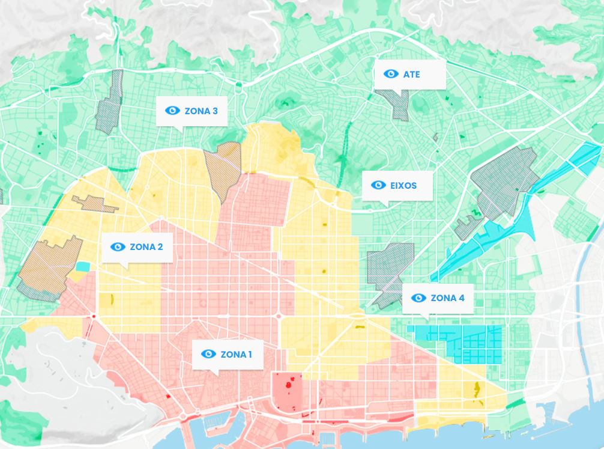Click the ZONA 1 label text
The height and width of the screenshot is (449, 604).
point(236,355)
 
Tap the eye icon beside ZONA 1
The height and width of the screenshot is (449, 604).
point(208,354)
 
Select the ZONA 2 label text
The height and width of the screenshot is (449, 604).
point(146,247)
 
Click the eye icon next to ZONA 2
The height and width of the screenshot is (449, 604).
point(118,247)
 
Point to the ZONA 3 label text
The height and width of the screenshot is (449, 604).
point(201,111)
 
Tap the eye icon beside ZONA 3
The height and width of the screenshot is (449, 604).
point(172,111)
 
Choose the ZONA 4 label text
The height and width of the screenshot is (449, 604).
point(447,298)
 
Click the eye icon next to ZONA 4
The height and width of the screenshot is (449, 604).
point(418,298)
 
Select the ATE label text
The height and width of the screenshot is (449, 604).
point(411,75)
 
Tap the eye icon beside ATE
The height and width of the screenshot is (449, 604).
point(391,74)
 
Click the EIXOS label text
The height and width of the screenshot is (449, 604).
point(403,186)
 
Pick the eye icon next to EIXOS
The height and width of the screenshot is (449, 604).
point(378,185)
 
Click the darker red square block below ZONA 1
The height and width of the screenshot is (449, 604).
point(286,391)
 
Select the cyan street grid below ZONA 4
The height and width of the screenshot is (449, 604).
point(474,344)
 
